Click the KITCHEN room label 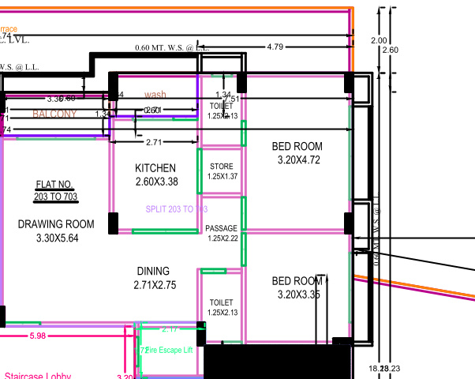[155, 168]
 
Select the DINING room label [153, 271]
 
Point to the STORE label [222, 166]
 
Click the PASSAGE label [222, 229]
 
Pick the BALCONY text [54, 114]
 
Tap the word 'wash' [155, 95]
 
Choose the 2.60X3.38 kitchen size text [155, 182]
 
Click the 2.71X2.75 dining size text [155, 285]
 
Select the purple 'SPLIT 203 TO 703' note [177, 209]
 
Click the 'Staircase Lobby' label [38, 376]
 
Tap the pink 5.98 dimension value [37, 336]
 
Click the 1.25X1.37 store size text [222, 176]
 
